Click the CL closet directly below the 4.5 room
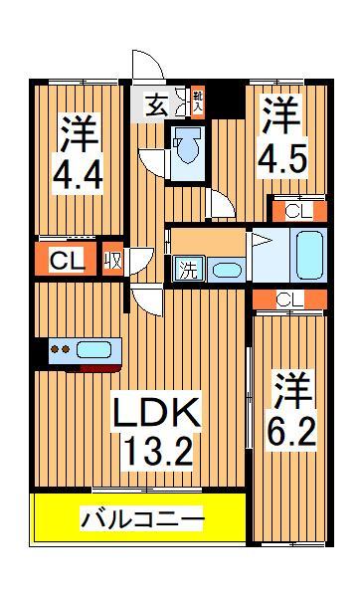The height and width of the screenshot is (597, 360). (295, 210)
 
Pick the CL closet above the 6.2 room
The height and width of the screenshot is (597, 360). (288, 298)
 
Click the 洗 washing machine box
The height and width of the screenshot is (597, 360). (188, 269)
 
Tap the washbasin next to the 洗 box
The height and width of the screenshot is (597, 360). (226, 270)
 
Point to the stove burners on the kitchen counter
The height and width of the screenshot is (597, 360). (59, 349)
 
